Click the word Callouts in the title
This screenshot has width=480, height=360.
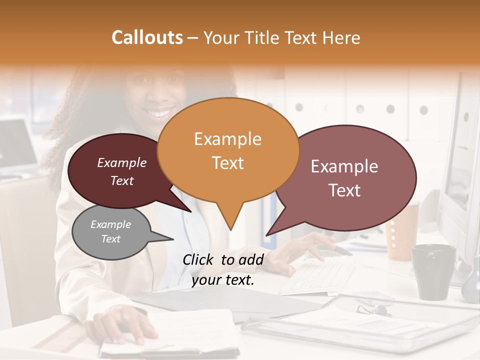[147, 37]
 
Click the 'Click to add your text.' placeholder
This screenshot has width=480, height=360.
[223, 270]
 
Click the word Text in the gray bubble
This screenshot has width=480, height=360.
[111, 239]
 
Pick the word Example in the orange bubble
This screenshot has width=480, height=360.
[227, 139]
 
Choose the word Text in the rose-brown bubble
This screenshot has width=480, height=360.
[345, 190]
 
